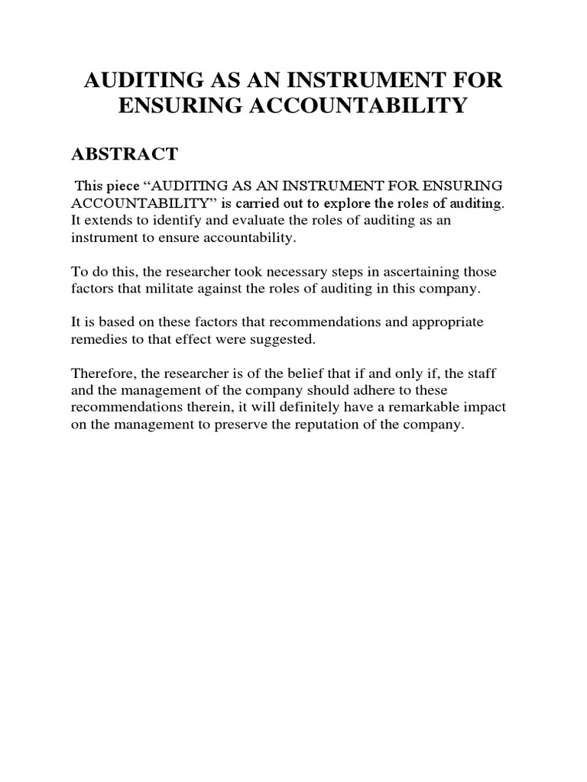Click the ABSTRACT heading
click(124, 154)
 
